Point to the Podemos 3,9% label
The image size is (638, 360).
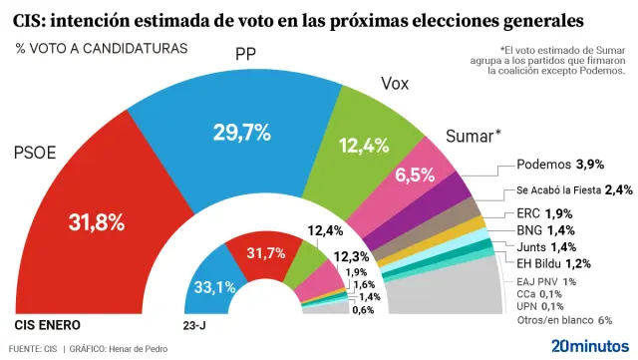(560, 164)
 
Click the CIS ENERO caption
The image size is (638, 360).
(47, 325)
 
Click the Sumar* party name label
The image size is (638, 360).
(473, 136)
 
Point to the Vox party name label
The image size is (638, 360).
(396, 85)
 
